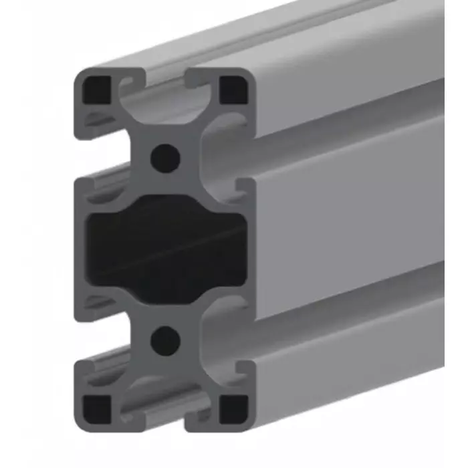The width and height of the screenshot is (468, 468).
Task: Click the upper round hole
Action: click(x=165, y=158)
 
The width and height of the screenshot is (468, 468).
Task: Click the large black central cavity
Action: click(x=165, y=247)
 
